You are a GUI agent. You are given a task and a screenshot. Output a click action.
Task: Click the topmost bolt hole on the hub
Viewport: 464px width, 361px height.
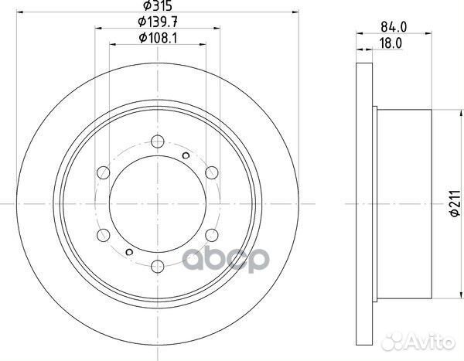pyautogui.click(x=158, y=141)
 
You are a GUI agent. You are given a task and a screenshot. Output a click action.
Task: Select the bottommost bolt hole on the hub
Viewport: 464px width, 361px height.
pyautogui.click(x=158, y=265)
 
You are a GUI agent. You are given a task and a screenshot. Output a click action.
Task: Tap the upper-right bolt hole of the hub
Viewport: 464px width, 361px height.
pyautogui.click(x=211, y=172)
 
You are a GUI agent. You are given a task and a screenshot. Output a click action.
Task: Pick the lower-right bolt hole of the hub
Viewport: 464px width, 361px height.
pyautogui.click(x=211, y=234)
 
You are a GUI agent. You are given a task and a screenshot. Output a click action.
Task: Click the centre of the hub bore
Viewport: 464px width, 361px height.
pyautogui.click(x=158, y=203)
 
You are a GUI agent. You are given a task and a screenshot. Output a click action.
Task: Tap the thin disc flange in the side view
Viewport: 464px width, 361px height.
pyautogui.click(x=367, y=203)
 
